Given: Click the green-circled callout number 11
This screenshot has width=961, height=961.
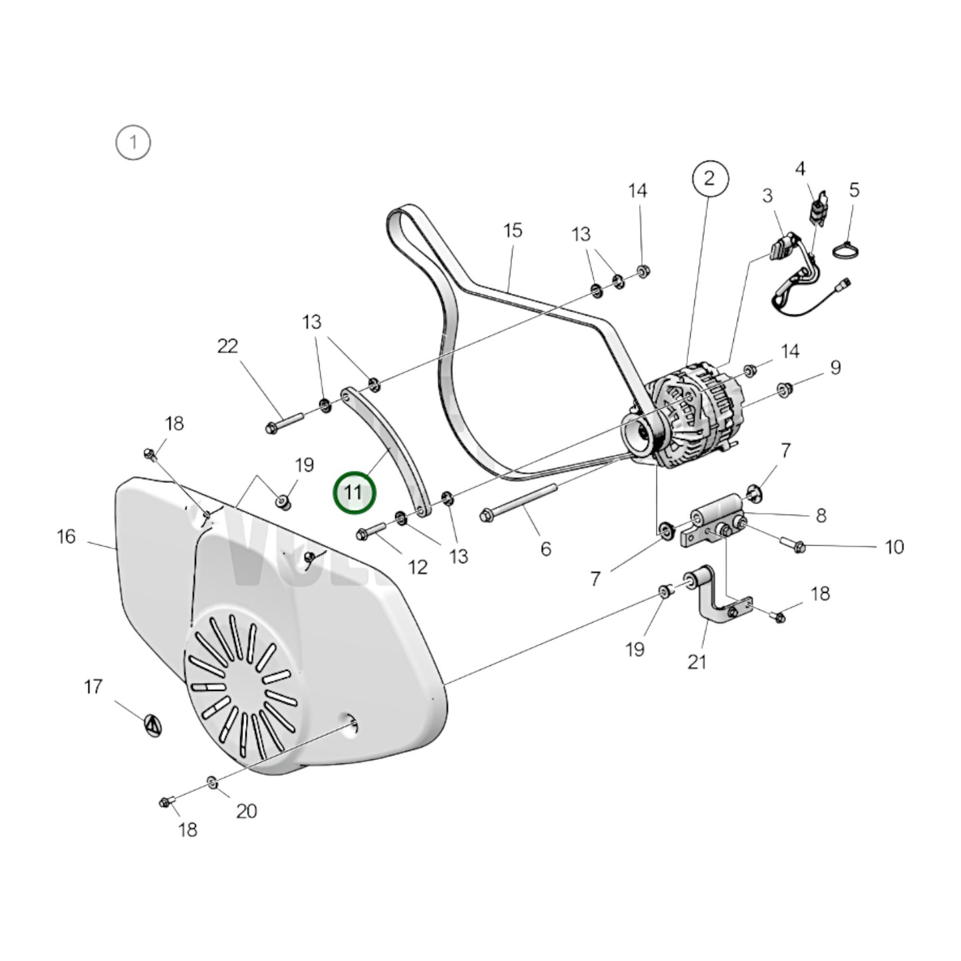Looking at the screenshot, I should point(354,493).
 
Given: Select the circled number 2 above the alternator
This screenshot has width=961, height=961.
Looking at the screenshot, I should point(710,178).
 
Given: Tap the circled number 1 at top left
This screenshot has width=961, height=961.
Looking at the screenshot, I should point(133,142).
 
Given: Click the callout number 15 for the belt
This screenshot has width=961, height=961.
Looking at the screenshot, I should point(513,231).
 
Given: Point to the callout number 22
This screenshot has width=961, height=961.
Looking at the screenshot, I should point(227,346).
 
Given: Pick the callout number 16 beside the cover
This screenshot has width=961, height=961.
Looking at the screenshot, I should point(67,537).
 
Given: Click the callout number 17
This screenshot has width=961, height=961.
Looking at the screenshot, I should point(93,686).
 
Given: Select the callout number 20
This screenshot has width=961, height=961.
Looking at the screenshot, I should point(246,811).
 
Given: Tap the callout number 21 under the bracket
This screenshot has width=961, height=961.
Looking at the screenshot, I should point(696,662).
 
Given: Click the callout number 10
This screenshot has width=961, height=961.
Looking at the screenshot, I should point(894,547).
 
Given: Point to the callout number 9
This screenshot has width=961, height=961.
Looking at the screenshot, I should point(835,367).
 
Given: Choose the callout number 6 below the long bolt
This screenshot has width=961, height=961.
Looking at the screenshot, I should point(545,549).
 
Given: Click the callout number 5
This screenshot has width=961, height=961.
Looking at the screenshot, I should point(854,191).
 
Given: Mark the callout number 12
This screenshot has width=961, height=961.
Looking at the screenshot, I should point(417,567).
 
